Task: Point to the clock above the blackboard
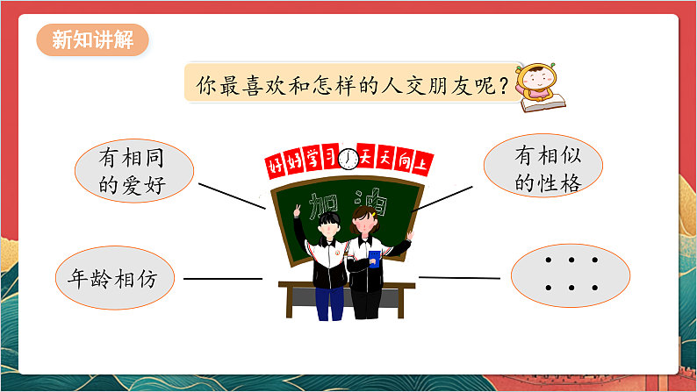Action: [x=349, y=159]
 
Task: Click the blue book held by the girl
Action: [x=374, y=258]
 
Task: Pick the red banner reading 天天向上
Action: [x=396, y=161]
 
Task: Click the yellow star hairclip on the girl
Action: [x=372, y=213]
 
